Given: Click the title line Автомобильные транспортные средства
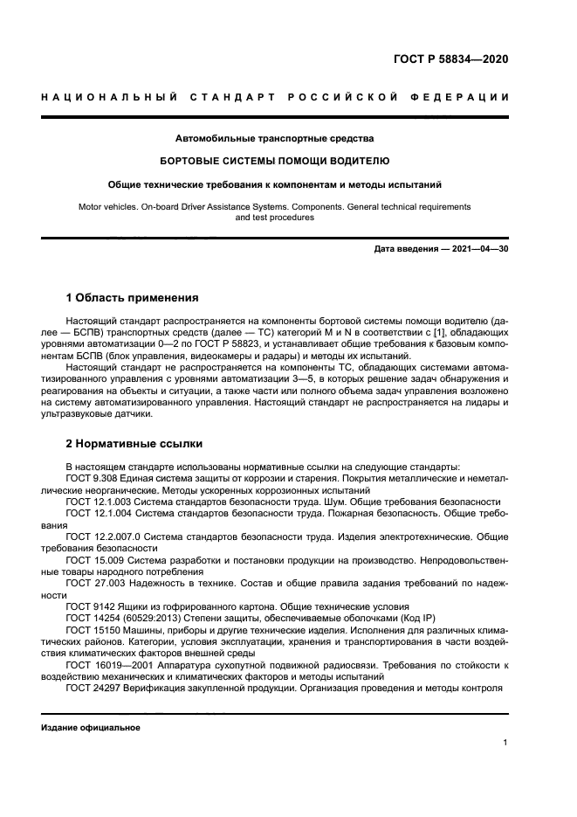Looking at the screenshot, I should coord(275,138).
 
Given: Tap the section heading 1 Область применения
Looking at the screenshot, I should coord(132,297).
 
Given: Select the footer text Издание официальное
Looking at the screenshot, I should coord(91,727).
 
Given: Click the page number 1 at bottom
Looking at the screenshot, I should coord(505,743).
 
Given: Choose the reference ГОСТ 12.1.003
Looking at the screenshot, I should coord(97,502).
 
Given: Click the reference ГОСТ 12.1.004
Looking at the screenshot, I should coord(97,515).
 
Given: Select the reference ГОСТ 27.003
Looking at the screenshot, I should coord(93,582).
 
